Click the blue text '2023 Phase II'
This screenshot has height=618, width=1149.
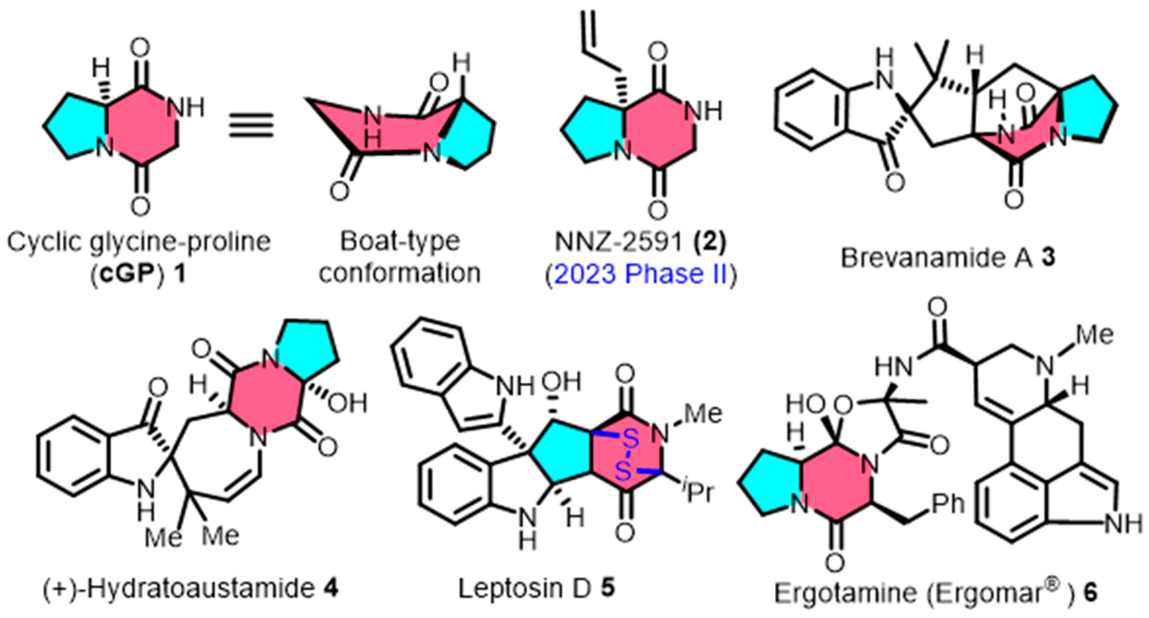pos(641,273)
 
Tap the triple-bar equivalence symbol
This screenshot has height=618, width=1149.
pos(251,124)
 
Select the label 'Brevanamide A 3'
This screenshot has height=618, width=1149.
pos(948,258)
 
